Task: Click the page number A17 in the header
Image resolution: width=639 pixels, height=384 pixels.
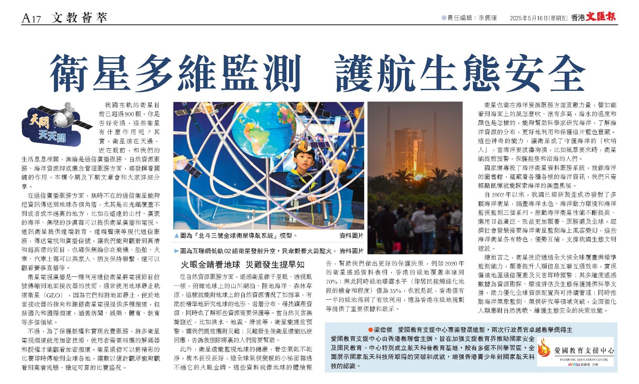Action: point(31,18)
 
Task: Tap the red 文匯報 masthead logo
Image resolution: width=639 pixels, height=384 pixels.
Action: point(601,17)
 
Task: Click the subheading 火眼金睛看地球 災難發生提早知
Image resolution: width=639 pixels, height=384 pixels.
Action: point(242,264)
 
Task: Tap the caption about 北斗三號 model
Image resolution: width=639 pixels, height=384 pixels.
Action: point(239,236)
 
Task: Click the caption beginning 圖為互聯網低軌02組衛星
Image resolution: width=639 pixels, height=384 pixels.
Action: point(256,251)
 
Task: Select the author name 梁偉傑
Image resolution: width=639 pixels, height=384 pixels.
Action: point(384,330)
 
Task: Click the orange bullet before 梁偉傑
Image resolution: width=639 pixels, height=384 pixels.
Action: point(370,330)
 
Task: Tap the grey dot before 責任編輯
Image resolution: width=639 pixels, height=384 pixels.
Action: point(444,18)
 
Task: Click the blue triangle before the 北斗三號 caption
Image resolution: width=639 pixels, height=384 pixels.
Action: point(177,236)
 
